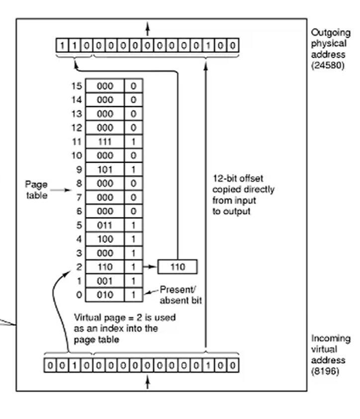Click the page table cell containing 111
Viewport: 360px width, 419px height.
pos(105,142)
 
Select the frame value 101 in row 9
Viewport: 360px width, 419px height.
pos(105,170)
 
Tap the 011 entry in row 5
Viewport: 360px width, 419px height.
pos(105,225)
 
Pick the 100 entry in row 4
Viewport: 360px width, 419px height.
pos(105,239)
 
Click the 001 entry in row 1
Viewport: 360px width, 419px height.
pos(105,281)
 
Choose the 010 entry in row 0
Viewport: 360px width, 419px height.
pos(105,295)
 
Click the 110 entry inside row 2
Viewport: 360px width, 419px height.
pos(105,267)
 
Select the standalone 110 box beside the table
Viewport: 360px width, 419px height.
pos(178,267)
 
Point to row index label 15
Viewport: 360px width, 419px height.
pos(76,86)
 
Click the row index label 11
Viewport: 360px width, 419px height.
pos(76,142)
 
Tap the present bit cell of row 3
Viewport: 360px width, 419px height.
pos(133,253)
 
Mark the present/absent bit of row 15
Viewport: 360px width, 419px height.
pos(133,86)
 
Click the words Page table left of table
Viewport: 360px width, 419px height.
pos(36,190)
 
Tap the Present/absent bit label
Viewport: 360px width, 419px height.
pos(180,295)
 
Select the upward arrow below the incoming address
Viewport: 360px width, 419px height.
pos(147,382)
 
